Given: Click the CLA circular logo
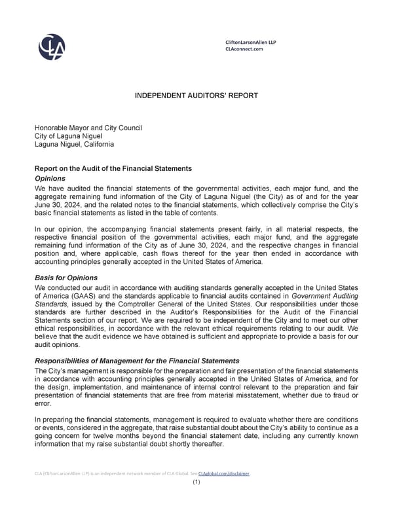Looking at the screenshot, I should click(x=52, y=46).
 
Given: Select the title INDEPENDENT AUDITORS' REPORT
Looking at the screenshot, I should click(x=196, y=96).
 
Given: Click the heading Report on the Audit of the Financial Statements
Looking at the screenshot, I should click(x=113, y=169).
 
